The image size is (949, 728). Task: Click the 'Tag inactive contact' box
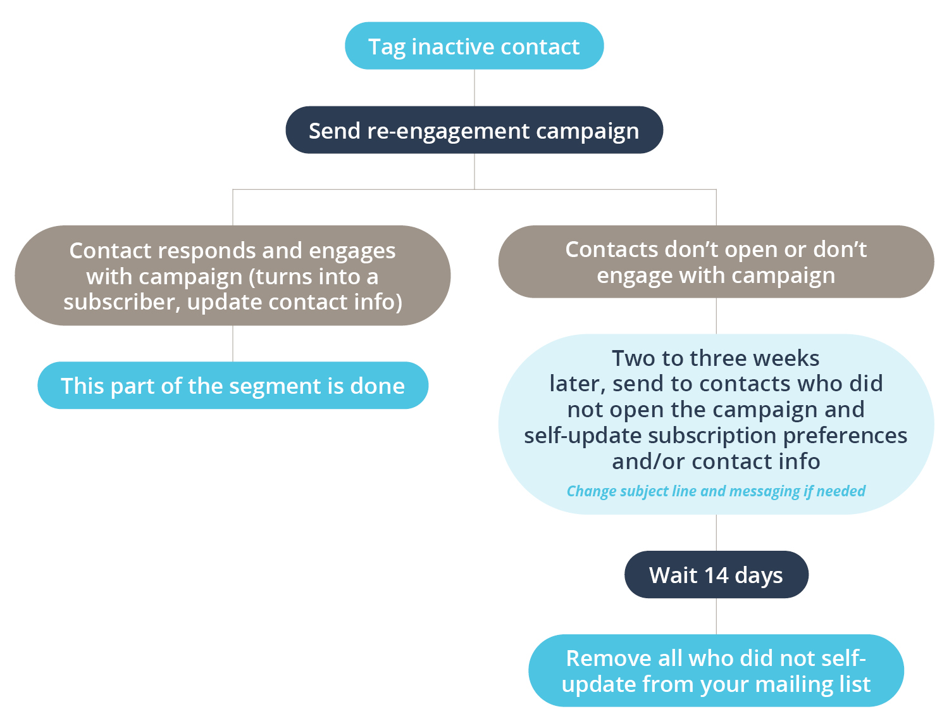pyautogui.click(x=474, y=46)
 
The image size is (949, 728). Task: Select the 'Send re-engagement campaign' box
pyautogui.click(x=474, y=130)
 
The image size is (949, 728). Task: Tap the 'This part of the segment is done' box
pyautogui.click(x=233, y=386)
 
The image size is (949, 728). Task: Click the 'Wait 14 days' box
pyautogui.click(x=716, y=575)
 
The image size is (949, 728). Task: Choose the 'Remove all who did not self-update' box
pyautogui.click(x=716, y=671)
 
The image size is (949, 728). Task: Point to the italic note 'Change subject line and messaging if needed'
pyautogui.click(x=716, y=491)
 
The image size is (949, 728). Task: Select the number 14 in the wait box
pyautogui.click(x=716, y=575)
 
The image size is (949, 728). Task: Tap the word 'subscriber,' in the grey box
pyautogui.click(x=122, y=302)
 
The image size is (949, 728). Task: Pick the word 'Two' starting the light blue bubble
pyautogui.click(x=634, y=358)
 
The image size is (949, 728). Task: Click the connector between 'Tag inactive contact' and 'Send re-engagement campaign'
pyautogui.click(x=475, y=88)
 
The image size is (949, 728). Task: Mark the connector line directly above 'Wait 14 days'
pyautogui.click(x=716, y=532)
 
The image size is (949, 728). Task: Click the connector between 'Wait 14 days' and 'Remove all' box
pyautogui.click(x=716, y=617)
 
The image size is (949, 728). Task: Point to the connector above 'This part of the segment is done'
pyautogui.click(x=233, y=344)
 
